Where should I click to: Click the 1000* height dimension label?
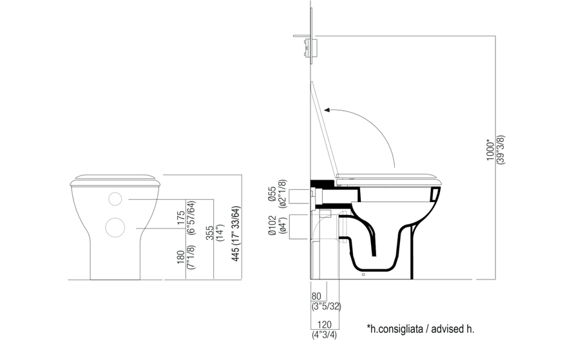tap(490, 149)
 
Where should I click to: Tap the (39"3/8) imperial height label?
tap(501, 149)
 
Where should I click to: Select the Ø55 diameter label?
tap(272, 194)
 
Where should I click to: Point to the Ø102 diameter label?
tap(272, 225)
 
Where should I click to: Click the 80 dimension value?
tap(316, 296)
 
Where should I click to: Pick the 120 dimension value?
tap(324, 325)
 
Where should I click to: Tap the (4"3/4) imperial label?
tap(324, 335)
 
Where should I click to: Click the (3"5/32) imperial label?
tap(326, 307)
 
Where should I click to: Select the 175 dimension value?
tap(181, 218)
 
